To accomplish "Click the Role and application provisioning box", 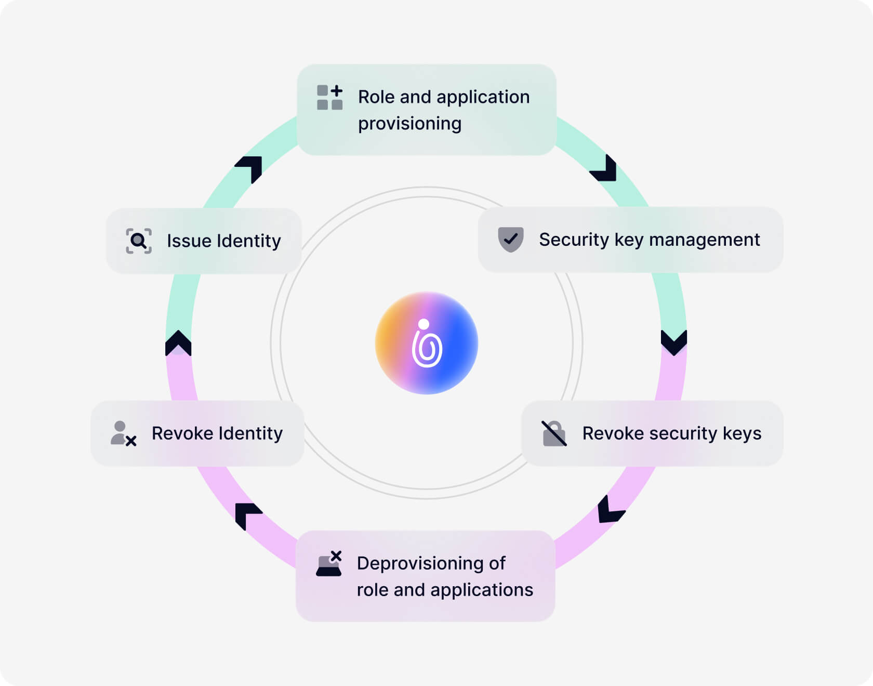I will pos(427,110).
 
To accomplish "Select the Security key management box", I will pos(630,240).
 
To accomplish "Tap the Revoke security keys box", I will pos(652,433).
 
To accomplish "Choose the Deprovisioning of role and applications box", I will pos(426,576).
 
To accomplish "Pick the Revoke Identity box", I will pos(197,433).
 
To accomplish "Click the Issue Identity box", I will pos(204,241).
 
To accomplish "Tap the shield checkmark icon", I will pos(511,240).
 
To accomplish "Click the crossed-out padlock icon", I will pos(554,433).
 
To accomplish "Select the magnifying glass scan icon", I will pos(139,241).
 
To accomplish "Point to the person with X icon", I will pos(123,433).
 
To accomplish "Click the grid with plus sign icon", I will pos(329,97).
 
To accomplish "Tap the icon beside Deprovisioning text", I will pos(329,564).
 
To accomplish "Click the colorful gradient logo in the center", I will pos(427,343).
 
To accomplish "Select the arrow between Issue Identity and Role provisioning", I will pos(250,168).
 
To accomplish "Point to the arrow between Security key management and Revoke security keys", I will pos(674,342).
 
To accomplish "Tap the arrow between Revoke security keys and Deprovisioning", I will pos(610,509).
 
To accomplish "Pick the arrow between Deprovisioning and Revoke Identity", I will pos(247,515).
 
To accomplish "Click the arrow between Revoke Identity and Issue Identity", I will pos(178,343).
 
